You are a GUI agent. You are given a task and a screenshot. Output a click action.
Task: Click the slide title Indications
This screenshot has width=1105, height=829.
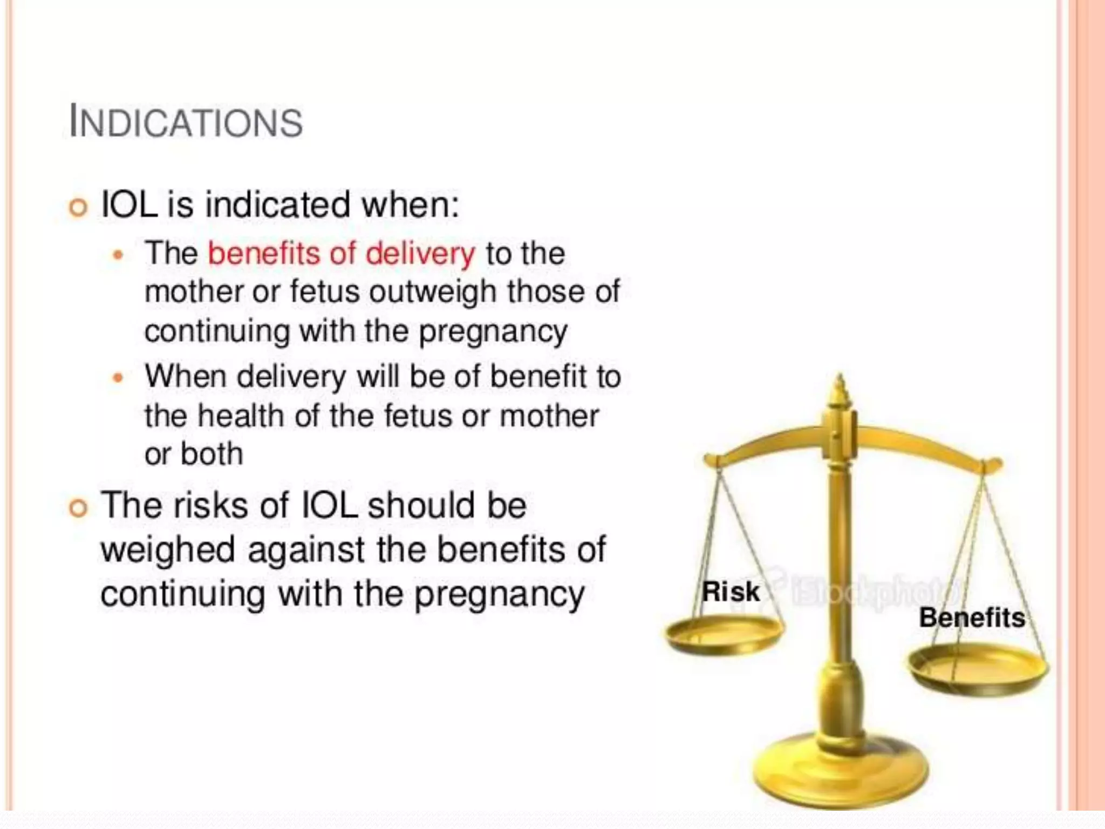pos(186,121)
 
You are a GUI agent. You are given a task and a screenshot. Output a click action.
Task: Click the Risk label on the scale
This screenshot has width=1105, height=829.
pos(731,592)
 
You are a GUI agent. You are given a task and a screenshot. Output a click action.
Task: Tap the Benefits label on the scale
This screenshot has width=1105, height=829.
pos(972,617)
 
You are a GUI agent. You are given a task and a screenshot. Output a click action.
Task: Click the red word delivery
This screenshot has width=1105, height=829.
pos(420,253)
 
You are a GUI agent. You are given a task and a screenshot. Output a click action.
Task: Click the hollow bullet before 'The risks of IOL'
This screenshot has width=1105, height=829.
pos(78,508)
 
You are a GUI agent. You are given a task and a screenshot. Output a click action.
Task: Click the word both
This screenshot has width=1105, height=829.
pos(212,454)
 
